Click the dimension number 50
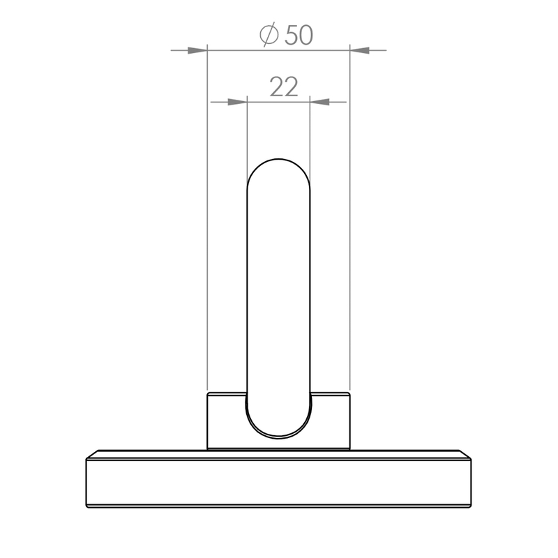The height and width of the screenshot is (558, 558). [299, 36]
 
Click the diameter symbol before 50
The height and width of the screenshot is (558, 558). [269, 34]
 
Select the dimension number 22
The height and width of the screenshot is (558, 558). [284, 86]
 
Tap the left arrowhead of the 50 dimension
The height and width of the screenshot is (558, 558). [197, 50]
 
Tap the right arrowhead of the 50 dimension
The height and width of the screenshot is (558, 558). [360, 50]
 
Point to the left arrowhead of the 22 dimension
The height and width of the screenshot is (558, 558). [237, 102]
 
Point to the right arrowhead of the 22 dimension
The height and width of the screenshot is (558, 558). [319, 102]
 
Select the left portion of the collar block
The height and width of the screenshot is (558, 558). [226, 421]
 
